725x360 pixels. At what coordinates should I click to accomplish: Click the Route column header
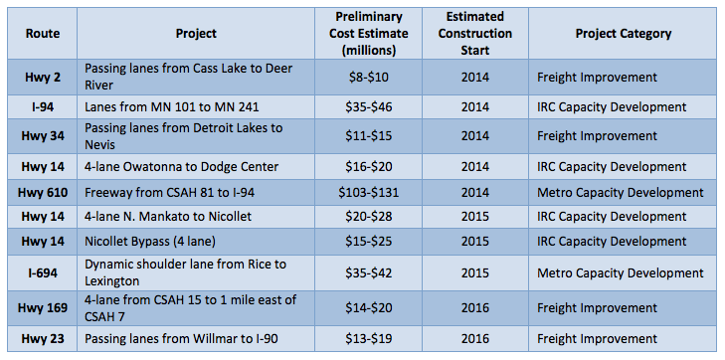coord(43,33)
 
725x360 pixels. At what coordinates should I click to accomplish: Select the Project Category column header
coord(623,33)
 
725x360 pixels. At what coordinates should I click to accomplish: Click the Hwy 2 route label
coord(43,76)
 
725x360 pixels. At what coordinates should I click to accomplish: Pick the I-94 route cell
coord(43,106)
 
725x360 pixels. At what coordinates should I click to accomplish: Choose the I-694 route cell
coord(43,271)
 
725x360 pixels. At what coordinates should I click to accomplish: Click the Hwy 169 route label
coord(43,308)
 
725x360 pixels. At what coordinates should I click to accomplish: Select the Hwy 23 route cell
coord(43,339)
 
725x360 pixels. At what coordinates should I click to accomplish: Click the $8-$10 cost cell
coord(368,76)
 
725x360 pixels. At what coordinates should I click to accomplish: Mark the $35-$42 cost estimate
coord(368,271)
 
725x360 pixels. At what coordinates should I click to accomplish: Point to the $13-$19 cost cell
coord(368,339)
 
